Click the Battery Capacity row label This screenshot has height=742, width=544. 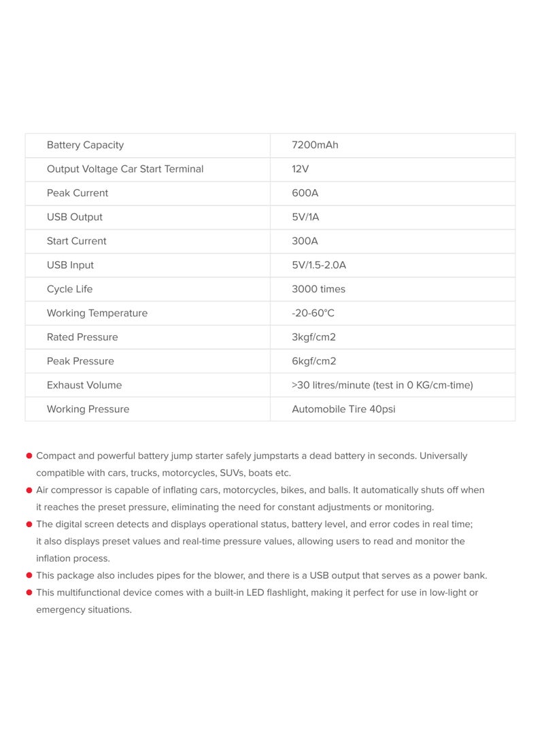85,145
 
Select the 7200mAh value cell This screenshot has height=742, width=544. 315,145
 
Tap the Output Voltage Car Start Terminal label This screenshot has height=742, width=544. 125,169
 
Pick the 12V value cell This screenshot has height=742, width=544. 301,169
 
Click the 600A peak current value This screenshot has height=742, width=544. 305,193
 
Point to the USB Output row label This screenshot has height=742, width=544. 75,217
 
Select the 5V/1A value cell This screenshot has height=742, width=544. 305,217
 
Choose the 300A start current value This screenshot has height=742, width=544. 305,241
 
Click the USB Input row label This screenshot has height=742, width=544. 70,265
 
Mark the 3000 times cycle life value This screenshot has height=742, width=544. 318,289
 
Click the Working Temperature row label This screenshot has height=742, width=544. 97,314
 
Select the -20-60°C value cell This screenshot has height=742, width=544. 313,314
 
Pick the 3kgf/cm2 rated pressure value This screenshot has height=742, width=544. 313,337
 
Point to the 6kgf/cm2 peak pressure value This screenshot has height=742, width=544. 313,361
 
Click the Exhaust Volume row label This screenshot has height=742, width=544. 84,385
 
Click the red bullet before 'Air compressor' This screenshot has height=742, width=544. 29,490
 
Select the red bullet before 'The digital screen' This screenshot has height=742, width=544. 29,524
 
